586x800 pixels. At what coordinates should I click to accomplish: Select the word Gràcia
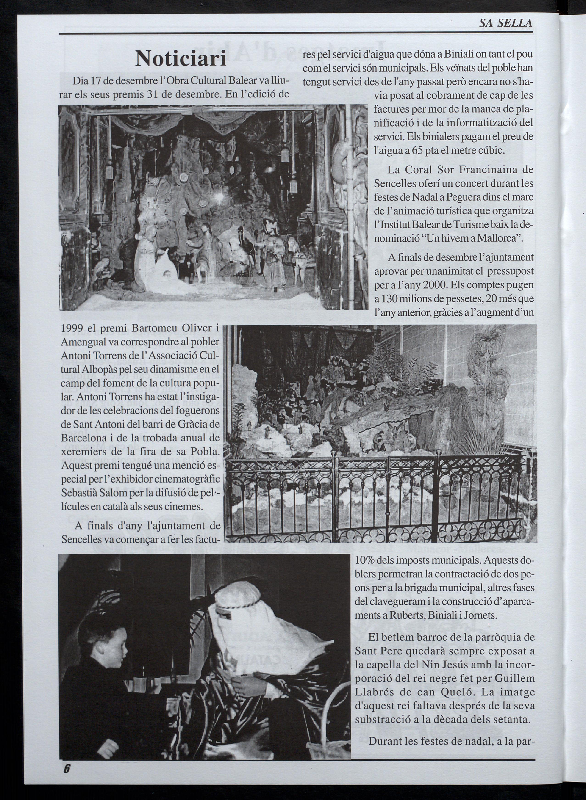coord(192,425)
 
